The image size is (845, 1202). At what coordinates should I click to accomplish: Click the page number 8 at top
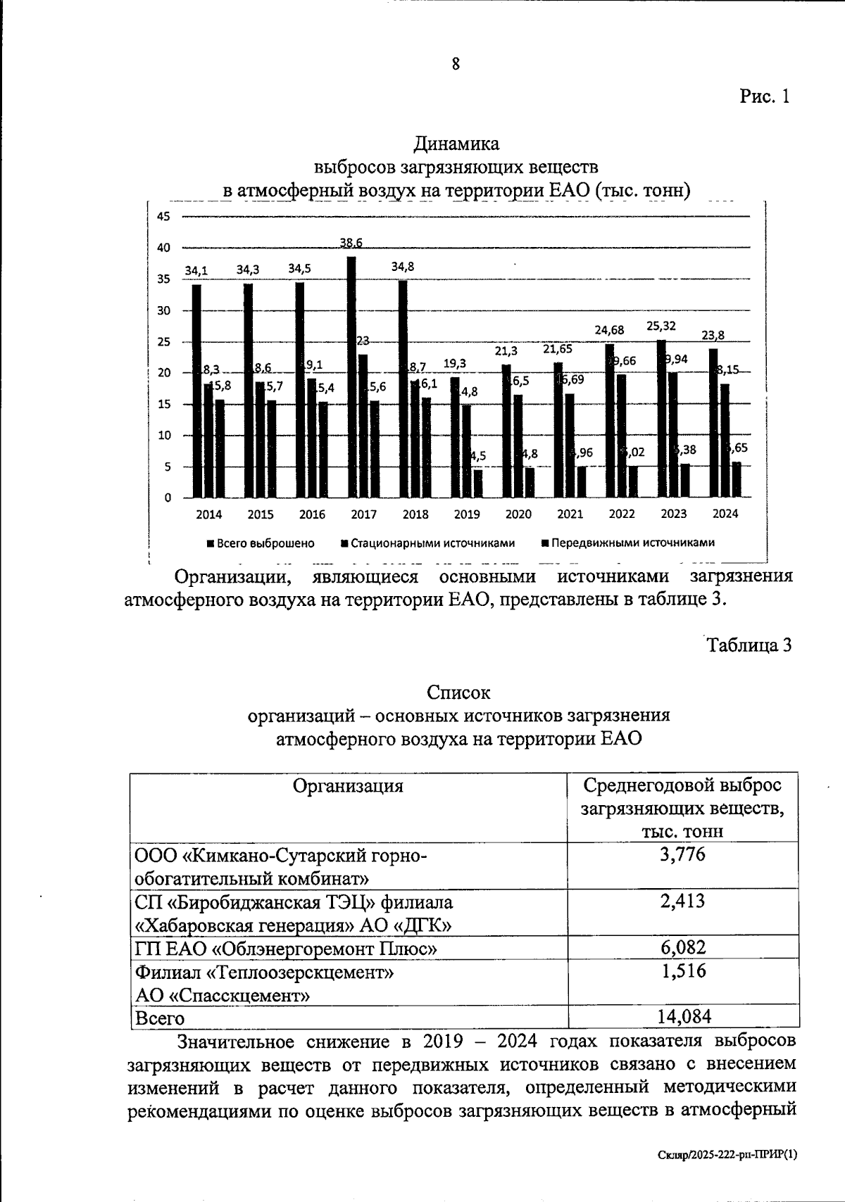(x=456, y=64)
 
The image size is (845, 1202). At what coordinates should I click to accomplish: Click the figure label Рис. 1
(x=765, y=96)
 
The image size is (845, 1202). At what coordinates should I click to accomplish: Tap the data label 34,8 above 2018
(x=403, y=267)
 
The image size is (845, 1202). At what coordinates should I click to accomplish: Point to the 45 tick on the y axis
(x=163, y=217)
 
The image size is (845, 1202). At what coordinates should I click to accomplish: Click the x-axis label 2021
(x=570, y=514)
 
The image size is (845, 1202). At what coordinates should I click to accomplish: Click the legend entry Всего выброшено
(x=260, y=543)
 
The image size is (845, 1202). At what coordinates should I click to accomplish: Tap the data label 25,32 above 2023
(x=661, y=326)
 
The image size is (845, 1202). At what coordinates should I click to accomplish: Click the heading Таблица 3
(x=750, y=645)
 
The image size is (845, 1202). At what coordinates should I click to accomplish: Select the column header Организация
(x=348, y=786)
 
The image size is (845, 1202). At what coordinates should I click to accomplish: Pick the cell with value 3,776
(x=682, y=855)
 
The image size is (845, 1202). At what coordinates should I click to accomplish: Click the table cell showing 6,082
(x=682, y=947)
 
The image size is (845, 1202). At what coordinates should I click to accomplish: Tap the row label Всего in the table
(x=160, y=1018)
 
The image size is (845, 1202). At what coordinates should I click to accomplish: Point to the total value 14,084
(x=682, y=1016)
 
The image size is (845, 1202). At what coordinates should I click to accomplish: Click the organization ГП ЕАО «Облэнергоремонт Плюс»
(x=286, y=949)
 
